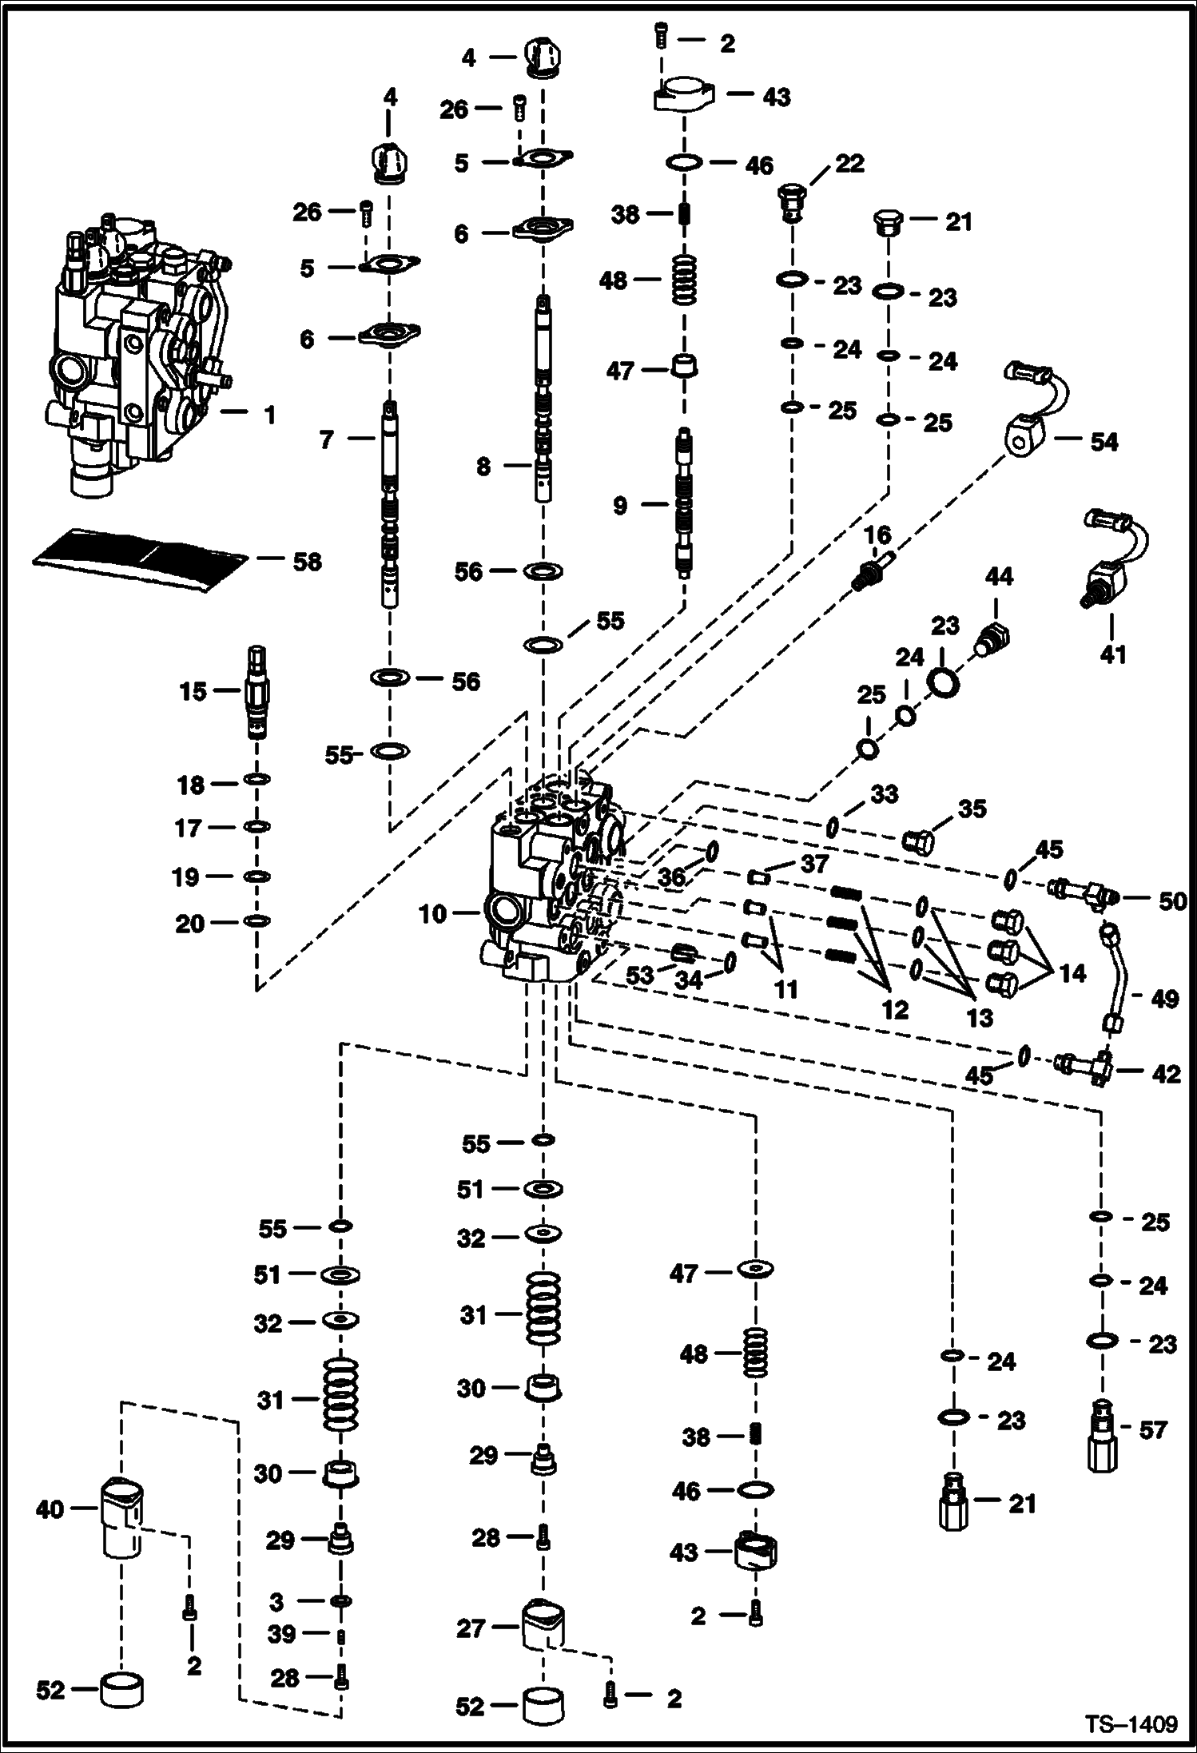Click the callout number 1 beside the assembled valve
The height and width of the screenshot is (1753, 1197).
click(269, 415)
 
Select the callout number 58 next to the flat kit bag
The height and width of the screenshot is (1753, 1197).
click(307, 562)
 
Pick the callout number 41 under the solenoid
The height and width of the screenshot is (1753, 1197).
click(1112, 654)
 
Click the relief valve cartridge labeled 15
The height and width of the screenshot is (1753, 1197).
click(257, 691)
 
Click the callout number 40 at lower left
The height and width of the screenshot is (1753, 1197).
click(50, 1509)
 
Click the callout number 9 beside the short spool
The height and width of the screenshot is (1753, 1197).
click(620, 506)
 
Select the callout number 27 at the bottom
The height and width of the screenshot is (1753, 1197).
click(472, 1628)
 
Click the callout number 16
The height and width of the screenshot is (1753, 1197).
click(877, 535)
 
